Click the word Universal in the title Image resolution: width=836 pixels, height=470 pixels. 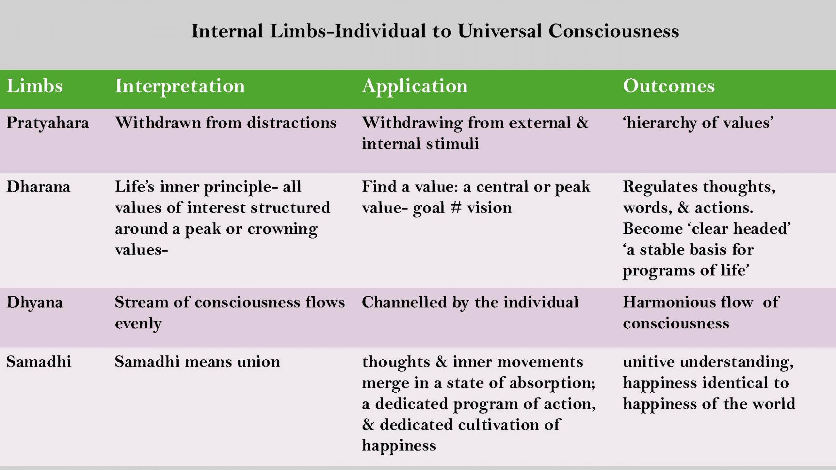point(500,31)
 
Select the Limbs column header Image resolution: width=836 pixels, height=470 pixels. point(35,86)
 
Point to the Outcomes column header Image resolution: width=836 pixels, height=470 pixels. point(669,86)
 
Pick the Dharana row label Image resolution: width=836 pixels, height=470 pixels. point(39,187)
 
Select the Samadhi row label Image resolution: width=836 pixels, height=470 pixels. point(39,362)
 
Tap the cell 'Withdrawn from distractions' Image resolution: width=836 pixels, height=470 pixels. point(226,123)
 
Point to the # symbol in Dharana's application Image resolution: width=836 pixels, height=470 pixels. point(456,208)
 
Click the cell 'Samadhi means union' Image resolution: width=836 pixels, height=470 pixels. point(197,362)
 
